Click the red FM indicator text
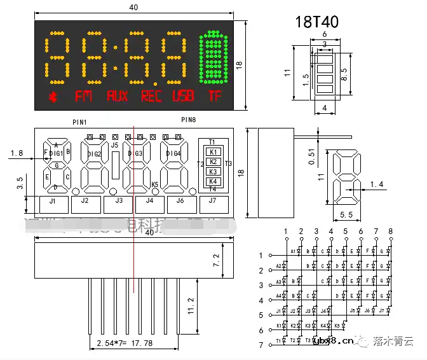(83, 97)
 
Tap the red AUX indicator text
(118, 97)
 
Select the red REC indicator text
(151, 97)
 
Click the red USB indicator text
(184, 97)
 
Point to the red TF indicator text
(215, 97)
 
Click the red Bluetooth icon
(52, 97)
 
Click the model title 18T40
(316, 22)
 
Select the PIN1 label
(80, 121)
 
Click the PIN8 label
(188, 120)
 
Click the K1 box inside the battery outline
(213, 151)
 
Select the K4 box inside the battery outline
(213, 181)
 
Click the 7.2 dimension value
(216, 260)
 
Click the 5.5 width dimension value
(346, 215)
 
